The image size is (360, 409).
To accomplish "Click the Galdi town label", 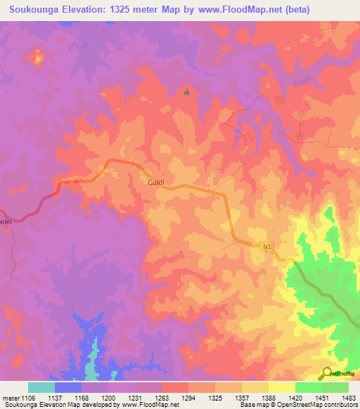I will coord(156,182).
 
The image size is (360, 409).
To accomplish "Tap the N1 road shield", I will coord(266,247).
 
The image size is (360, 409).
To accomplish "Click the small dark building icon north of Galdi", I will coord(186,92).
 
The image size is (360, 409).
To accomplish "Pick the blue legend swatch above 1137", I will coord(68,387).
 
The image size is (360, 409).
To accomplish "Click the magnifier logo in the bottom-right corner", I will coord(327,373).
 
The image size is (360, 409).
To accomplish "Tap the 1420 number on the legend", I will coord(295,397).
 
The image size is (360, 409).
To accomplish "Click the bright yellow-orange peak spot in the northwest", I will coord(37,56).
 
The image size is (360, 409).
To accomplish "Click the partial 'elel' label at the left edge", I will coord(6,220).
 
